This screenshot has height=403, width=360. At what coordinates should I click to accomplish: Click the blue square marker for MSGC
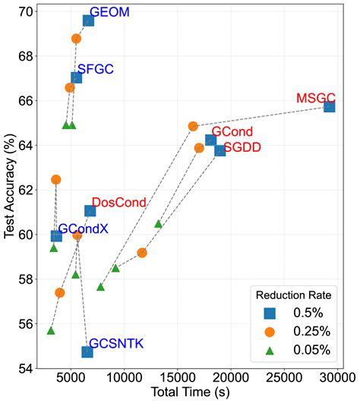click(x=329, y=106)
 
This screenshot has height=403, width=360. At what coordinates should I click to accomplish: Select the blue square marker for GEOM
click(x=88, y=20)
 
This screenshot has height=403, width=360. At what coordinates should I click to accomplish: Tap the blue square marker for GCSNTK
click(x=87, y=351)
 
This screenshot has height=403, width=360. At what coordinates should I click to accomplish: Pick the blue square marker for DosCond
click(x=90, y=211)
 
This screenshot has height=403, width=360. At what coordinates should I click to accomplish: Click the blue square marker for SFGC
click(x=76, y=77)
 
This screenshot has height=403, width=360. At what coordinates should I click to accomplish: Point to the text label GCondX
click(x=83, y=228)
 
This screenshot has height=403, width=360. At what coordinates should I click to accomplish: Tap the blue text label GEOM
click(x=109, y=13)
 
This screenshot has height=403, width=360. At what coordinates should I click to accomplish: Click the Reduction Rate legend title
click(x=292, y=294)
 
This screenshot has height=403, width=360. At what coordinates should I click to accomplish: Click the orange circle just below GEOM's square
click(x=76, y=39)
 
